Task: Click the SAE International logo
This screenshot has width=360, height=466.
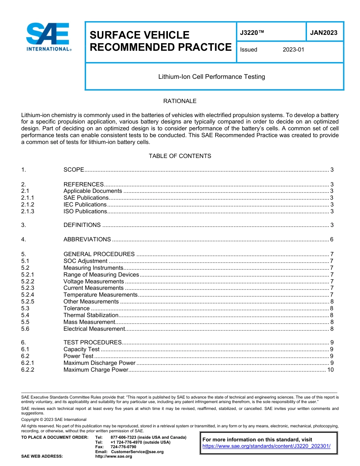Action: [49, 37]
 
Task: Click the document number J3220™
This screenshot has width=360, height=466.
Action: [252, 33]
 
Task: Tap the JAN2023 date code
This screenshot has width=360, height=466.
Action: [324, 33]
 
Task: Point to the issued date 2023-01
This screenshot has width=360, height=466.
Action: [293, 50]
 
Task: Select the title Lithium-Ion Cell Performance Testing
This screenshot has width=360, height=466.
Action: [211, 77]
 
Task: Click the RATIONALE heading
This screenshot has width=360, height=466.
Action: [180, 101]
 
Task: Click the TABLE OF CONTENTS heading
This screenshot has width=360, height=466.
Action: [180, 156]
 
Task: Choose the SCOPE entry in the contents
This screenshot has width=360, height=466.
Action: [74, 170]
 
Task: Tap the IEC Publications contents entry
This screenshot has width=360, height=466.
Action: [85, 205]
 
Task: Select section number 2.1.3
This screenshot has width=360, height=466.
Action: [28, 211]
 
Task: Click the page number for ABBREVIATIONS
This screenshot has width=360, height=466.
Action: [332, 239]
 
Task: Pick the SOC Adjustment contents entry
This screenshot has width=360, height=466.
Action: [85, 261]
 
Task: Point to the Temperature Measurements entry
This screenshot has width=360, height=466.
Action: [100, 295]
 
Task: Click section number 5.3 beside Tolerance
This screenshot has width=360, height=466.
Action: [25, 308]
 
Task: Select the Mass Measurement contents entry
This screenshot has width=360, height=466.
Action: [89, 322]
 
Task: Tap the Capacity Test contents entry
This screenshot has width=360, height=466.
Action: [81, 349]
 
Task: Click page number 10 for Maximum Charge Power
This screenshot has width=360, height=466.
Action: [330, 370]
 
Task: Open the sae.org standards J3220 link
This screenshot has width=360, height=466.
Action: [266, 446]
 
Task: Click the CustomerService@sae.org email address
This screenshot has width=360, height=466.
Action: [137, 452]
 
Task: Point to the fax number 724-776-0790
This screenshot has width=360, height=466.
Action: [123, 447]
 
